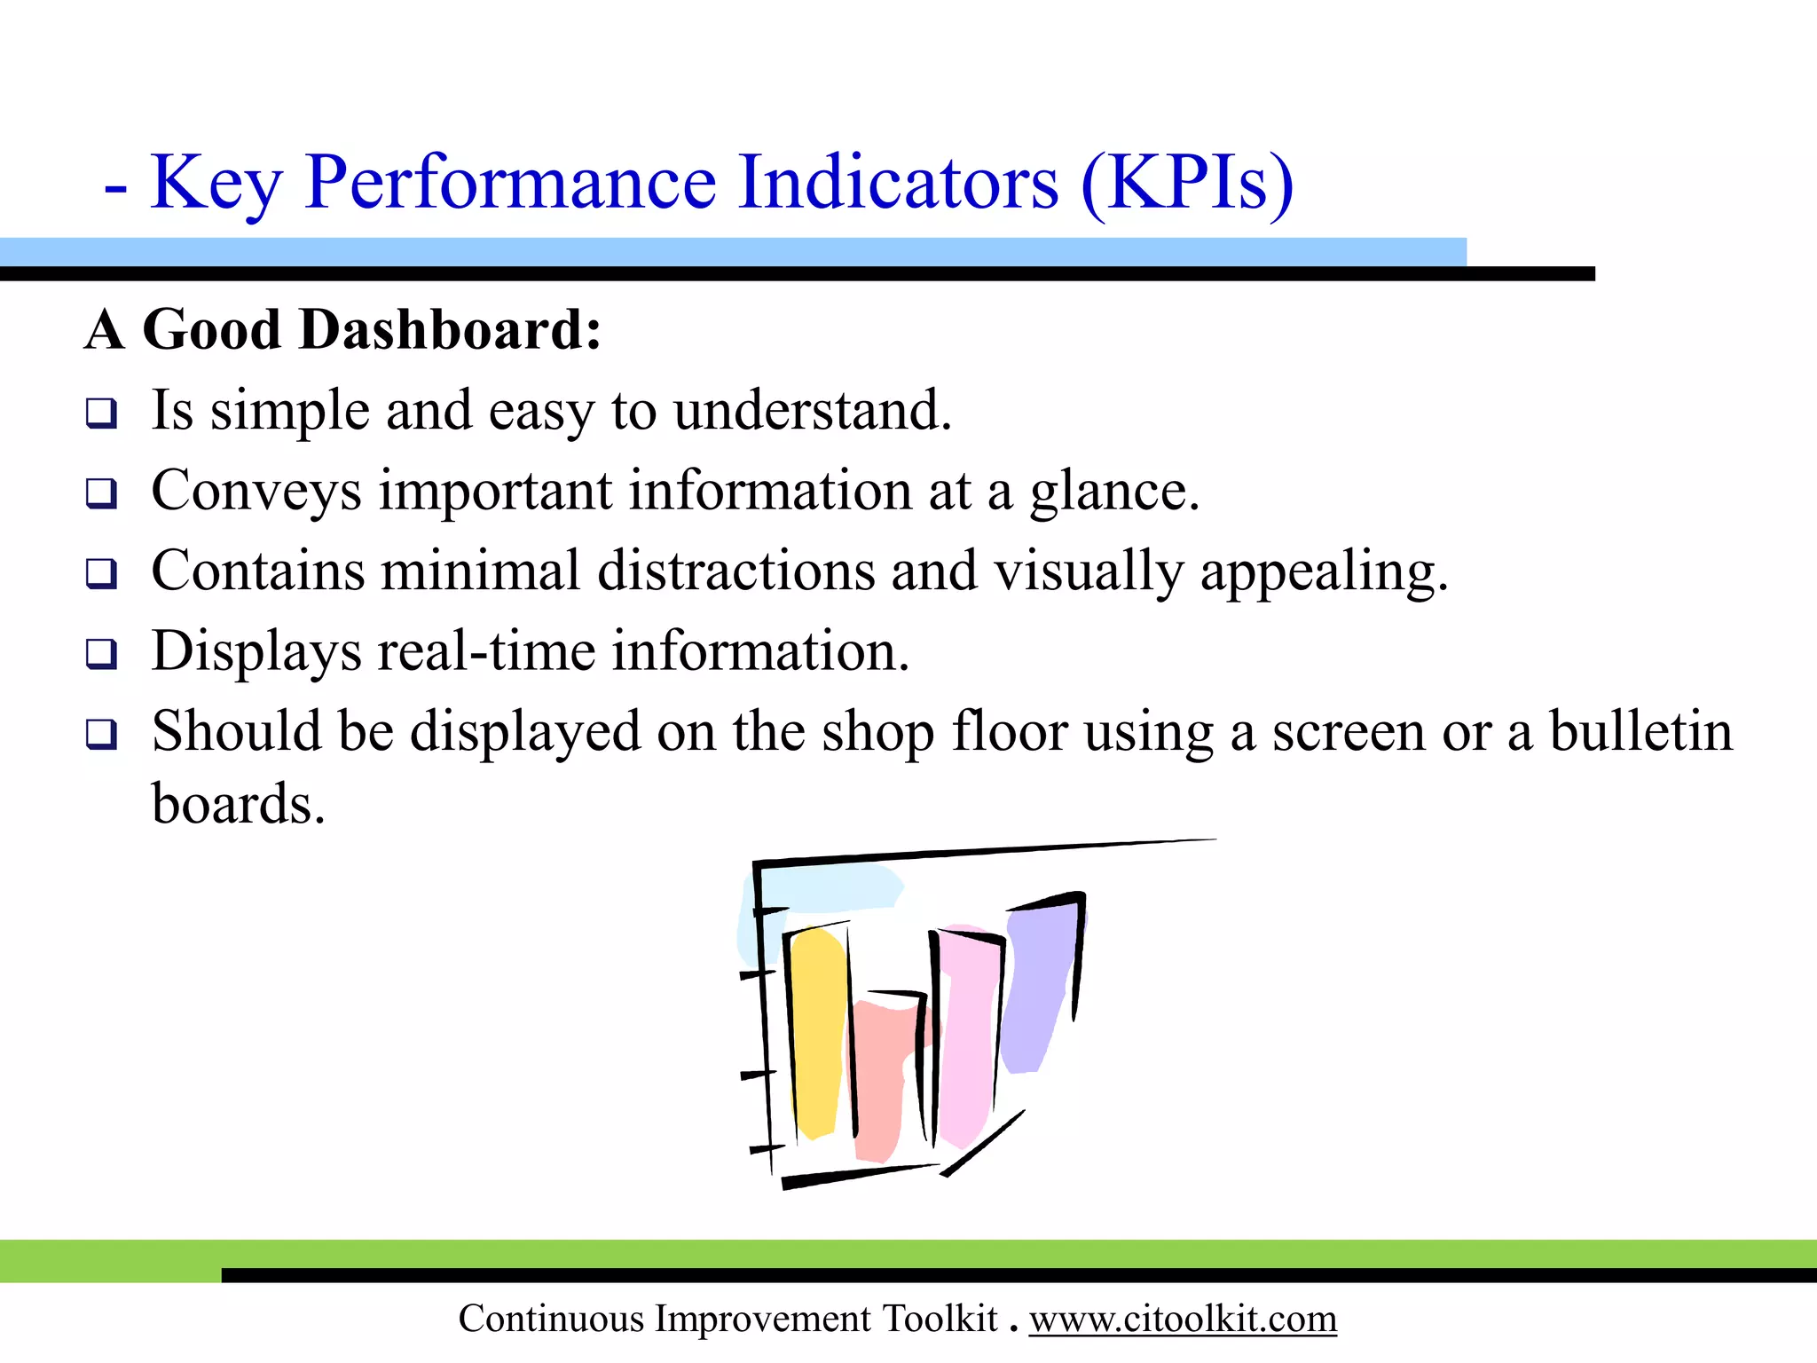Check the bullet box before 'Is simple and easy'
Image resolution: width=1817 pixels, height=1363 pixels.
point(101,414)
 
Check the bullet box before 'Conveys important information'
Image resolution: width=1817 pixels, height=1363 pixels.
point(101,492)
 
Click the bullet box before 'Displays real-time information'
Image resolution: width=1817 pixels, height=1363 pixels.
point(101,654)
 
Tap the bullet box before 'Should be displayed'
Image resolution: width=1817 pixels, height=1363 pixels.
point(101,734)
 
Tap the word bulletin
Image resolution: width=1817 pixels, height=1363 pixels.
point(1640,732)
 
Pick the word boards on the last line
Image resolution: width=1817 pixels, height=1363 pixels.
point(237,804)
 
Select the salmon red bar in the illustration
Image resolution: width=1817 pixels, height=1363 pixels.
point(878,1083)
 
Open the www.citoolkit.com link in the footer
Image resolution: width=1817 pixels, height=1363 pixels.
point(1182,1319)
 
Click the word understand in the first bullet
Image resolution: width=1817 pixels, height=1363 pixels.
point(812,412)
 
